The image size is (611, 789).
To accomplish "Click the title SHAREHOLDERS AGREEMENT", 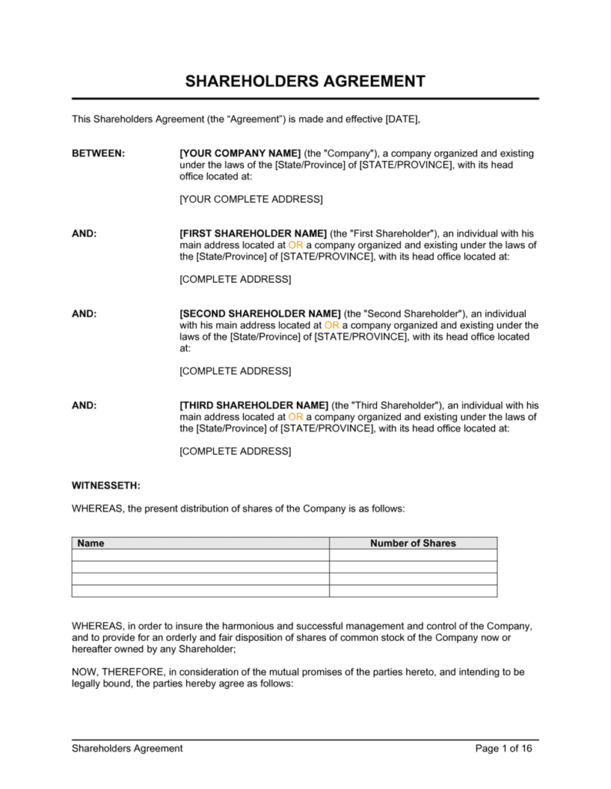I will [305, 81].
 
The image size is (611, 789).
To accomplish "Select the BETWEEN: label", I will [98, 153].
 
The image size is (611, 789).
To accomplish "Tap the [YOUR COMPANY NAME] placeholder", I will [239, 153].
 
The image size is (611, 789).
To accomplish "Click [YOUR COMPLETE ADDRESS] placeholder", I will [251, 200].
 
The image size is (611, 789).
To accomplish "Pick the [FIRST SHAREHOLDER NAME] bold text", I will [253, 233].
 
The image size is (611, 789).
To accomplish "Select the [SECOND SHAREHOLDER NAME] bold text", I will [259, 314].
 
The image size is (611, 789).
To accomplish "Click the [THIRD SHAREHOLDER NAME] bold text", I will [253, 405].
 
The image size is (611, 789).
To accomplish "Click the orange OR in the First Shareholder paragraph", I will [296, 245].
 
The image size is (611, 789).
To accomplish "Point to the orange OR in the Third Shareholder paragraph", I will [296, 417].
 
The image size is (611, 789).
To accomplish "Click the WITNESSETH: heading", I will [105, 485].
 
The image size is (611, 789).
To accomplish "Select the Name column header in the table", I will [91, 543].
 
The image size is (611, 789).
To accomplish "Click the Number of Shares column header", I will [412, 543].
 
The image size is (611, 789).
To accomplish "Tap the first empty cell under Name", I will [200, 555].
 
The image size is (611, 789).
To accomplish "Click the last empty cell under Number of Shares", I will [412, 591].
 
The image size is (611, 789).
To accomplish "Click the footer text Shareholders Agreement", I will [127, 748].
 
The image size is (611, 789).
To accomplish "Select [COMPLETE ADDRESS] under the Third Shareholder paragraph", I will [235, 452].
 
